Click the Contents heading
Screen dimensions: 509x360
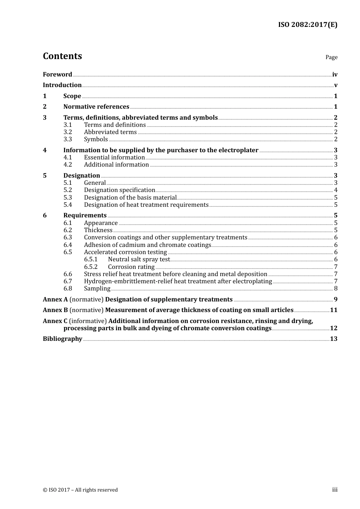coord(62,56)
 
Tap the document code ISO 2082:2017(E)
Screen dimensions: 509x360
coord(308,25)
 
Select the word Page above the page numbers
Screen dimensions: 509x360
coord(331,57)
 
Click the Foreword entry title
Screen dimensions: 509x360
coord(57,75)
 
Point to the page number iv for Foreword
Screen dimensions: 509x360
coord(335,75)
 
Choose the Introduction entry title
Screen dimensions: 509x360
coord(62,85)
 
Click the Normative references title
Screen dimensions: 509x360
coord(96,107)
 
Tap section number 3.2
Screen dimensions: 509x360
coord(68,132)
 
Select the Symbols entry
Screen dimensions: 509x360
coord(96,139)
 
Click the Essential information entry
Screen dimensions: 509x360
coord(114,158)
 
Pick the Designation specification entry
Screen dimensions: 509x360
coord(119,190)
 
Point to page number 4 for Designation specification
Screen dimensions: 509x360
coord(336,190)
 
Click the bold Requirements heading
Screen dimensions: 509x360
coord(85,215)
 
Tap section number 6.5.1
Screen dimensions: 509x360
coord(91,259)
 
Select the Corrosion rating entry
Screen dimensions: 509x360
coord(131,267)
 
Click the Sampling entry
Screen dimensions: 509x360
coord(97,289)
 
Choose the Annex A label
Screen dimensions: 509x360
coord(55,300)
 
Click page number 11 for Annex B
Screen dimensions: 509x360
coord(333,310)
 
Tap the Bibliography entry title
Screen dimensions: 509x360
coord(63,339)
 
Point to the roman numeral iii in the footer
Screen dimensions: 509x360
coord(335,490)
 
